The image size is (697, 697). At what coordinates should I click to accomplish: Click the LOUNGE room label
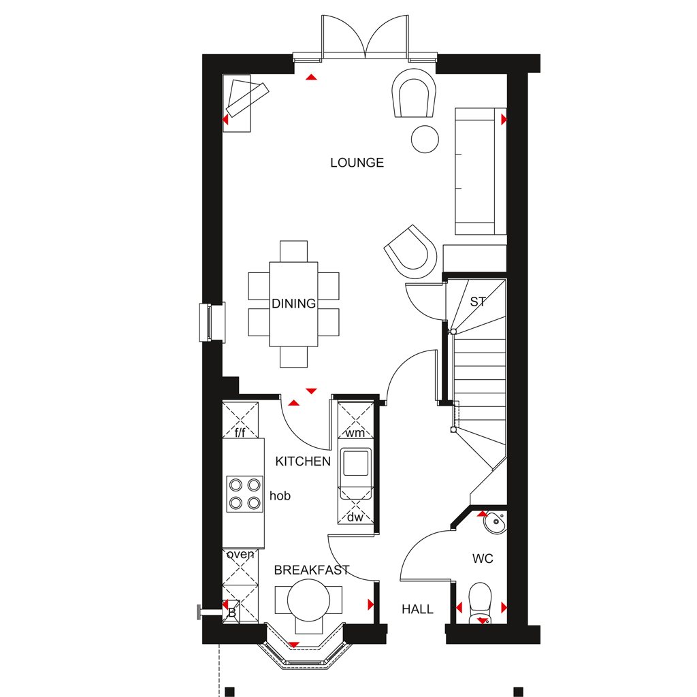click(x=357, y=163)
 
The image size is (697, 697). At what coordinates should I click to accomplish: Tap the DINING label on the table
click(x=293, y=304)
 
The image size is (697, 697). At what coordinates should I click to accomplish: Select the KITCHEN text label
click(x=303, y=461)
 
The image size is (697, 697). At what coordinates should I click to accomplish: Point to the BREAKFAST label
click(x=312, y=570)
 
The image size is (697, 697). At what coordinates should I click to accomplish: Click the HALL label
click(x=417, y=609)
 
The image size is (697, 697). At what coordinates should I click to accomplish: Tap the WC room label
click(x=483, y=559)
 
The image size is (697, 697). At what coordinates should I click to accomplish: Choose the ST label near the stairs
click(x=478, y=302)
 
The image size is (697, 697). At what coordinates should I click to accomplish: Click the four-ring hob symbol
click(x=244, y=494)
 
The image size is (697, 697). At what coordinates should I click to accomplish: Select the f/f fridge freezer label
click(x=240, y=432)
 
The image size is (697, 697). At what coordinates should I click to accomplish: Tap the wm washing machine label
click(x=355, y=433)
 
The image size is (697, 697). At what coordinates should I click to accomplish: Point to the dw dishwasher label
click(x=355, y=517)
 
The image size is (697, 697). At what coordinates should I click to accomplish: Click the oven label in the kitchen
click(x=240, y=554)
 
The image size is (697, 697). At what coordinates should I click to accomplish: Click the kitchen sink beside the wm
click(x=355, y=463)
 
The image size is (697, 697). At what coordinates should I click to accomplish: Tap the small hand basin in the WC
click(x=495, y=523)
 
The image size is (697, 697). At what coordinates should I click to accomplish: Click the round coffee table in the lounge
click(x=425, y=139)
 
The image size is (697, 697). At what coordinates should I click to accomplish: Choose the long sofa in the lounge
click(x=480, y=171)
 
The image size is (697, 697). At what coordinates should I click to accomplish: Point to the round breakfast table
click(x=308, y=600)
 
